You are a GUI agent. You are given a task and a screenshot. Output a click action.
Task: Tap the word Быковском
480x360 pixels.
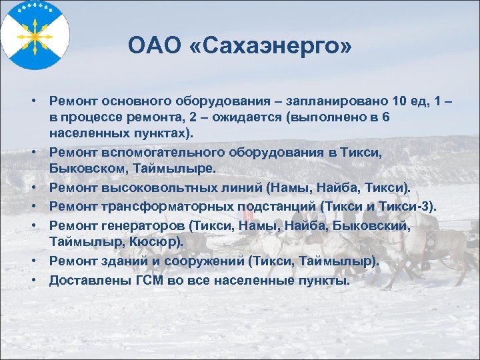point(84,169)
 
